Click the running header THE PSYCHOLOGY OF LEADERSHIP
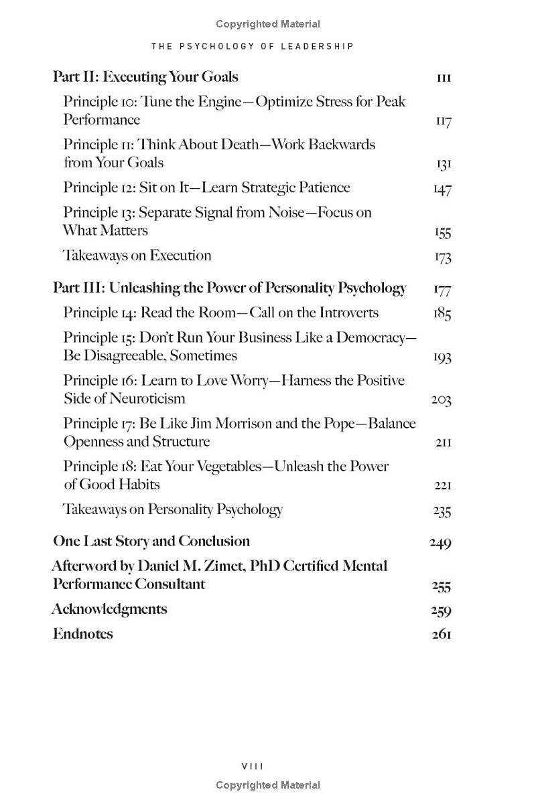pyautogui.click(x=253, y=46)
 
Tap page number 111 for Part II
pyautogui.click(x=444, y=78)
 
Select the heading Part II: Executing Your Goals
pyautogui.click(x=145, y=77)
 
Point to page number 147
pyautogui.click(x=442, y=189)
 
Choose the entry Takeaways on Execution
pyautogui.click(x=137, y=255)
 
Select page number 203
pyautogui.click(x=441, y=400)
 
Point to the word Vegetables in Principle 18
pyautogui.click(x=220, y=466)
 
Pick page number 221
pyautogui.click(x=443, y=485)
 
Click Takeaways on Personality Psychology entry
pyautogui.click(x=173, y=509)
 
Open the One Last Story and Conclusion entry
pyautogui.click(x=151, y=541)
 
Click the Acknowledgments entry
pyautogui.click(x=109, y=609)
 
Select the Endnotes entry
pyautogui.click(x=82, y=633)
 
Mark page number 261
pyautogui.click(x=442, y=634)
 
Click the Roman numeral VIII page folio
pyautogui.click(x=253, y=766)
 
